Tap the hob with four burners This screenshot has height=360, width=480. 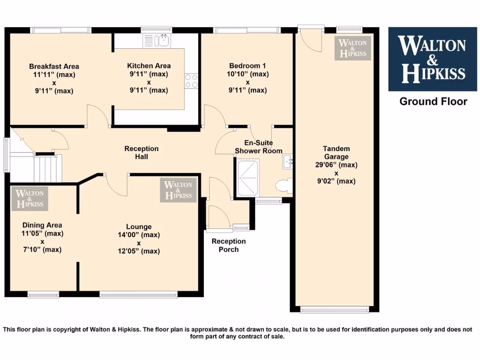coord(191,81)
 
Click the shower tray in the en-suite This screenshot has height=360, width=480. coord(248,178)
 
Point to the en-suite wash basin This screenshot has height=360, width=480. coord(287,162)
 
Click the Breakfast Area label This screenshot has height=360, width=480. coord(54,66)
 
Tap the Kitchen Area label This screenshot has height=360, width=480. coord(149,66)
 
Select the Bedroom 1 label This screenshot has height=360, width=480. coord(247,66)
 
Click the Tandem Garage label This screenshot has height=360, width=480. coord(336,153)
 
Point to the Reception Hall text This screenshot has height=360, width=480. coord(141,152)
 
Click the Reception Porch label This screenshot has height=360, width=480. coord(228,245)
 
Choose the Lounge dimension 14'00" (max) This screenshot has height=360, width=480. coord(138,235)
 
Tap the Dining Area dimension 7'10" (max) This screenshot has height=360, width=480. coord(42,249)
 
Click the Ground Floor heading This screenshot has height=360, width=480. coord(433,101)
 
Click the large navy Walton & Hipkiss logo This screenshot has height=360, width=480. coord(432,59)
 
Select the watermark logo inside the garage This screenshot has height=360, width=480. coord(352,48)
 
